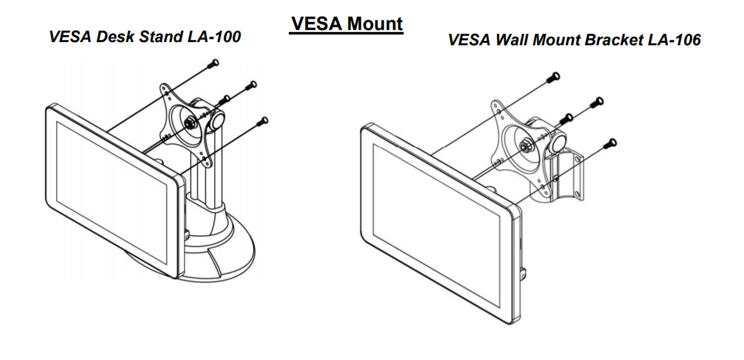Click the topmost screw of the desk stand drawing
[x=214, y=63]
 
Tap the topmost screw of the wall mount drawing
[x=555, y=77]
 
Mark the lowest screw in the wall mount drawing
[x=613, y=143]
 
